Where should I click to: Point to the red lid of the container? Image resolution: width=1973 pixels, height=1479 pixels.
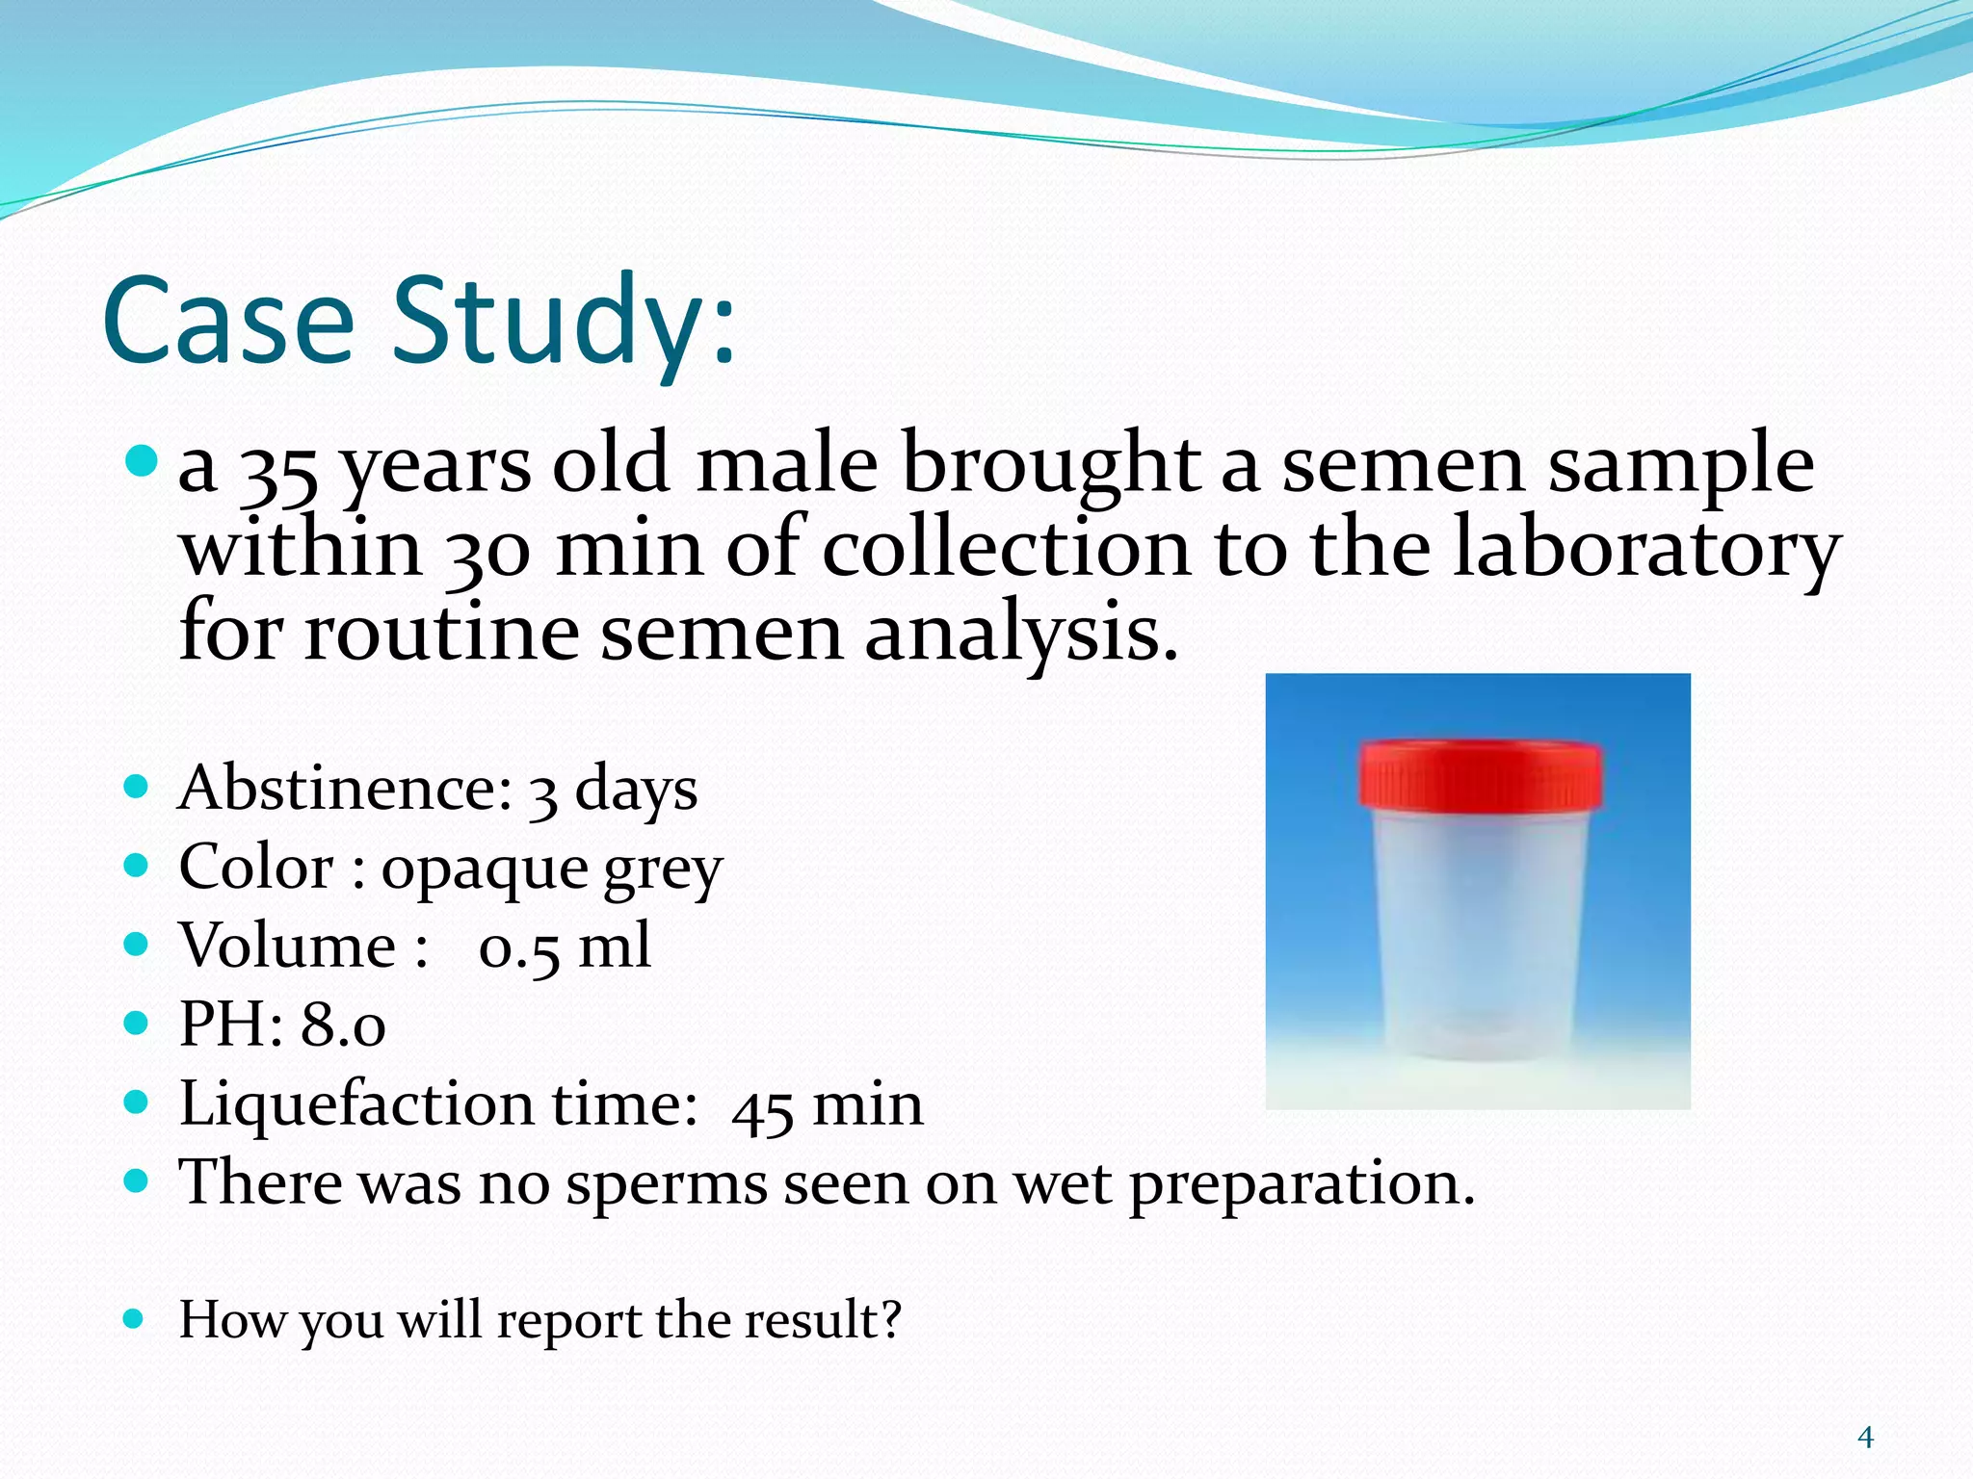click(x=1481, y=774)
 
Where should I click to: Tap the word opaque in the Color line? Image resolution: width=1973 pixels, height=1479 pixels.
click(x=484, y=870)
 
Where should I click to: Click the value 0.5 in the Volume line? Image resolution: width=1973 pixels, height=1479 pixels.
click(x=518, y=947)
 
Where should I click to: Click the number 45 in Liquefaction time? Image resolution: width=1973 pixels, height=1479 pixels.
click(x=762, y=1108)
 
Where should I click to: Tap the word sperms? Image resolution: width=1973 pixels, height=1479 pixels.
click(x=666, y=1184)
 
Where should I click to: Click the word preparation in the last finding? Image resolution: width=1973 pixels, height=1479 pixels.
click(x=1300, y=1184)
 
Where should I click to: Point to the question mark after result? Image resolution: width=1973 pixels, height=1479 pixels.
click(x=891, y=1319)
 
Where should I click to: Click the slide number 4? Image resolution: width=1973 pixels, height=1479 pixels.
click(x=1865, y=1438)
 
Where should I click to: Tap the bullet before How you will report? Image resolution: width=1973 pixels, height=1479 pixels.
click(x=135, y=1318)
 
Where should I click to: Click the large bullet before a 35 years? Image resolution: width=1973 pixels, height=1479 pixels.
click(x=141, y=461)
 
